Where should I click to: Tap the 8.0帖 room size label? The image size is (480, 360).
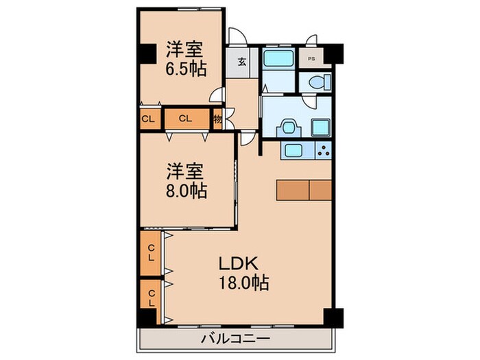(x=185, y=189)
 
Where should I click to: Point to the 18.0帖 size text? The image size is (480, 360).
(x=243, y=282)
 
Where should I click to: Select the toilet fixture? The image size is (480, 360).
(x=315, y=82)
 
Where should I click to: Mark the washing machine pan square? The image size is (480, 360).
(x=320, y=127)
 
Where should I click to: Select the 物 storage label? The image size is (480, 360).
(x=216, y=119)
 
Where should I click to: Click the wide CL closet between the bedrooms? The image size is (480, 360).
(x=184, y=118)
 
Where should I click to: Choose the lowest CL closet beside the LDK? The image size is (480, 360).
(x=150, y=298)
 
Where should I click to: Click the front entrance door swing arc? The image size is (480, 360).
(x=237, y=38)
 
